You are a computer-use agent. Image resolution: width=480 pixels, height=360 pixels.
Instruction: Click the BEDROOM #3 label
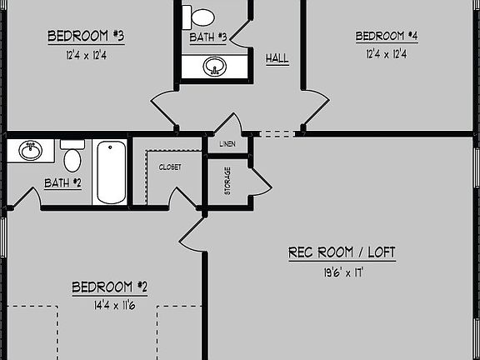coord(86,36)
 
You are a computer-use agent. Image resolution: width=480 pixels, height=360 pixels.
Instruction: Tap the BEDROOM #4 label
coord(387,36)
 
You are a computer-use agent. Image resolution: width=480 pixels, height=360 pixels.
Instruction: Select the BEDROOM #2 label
coord(109,287)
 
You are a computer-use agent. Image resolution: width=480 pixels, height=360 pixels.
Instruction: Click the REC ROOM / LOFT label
coord(342,252)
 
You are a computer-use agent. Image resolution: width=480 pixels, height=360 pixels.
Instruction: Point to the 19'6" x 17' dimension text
coord(342,271)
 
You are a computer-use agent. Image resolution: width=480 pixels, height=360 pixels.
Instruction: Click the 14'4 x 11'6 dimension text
coord(109,306)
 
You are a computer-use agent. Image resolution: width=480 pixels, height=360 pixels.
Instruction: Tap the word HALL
coord(277,58)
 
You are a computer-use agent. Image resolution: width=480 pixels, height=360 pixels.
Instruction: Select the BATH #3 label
coord(207,37)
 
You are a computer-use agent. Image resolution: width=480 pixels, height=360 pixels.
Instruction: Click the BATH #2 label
coord(62,182)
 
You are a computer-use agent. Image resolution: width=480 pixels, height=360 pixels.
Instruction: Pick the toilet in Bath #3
coord(202,15)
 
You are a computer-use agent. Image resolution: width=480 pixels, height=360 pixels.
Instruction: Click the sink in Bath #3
coord(215,66)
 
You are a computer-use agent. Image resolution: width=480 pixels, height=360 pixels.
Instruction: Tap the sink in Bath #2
coord(32,151)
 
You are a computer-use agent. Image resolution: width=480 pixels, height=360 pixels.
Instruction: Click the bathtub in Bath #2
coord(110,173)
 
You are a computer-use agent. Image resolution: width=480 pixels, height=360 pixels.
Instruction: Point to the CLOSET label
coord(169,167)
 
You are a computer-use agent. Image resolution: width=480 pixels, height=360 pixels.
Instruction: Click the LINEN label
coord(227,144)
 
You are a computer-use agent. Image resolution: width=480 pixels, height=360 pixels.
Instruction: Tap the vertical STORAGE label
coord(227,182)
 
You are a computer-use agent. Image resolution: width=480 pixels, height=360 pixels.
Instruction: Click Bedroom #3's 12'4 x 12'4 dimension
coord(86,55)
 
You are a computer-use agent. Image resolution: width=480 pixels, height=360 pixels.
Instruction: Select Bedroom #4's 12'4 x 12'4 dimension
coord(387,55)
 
